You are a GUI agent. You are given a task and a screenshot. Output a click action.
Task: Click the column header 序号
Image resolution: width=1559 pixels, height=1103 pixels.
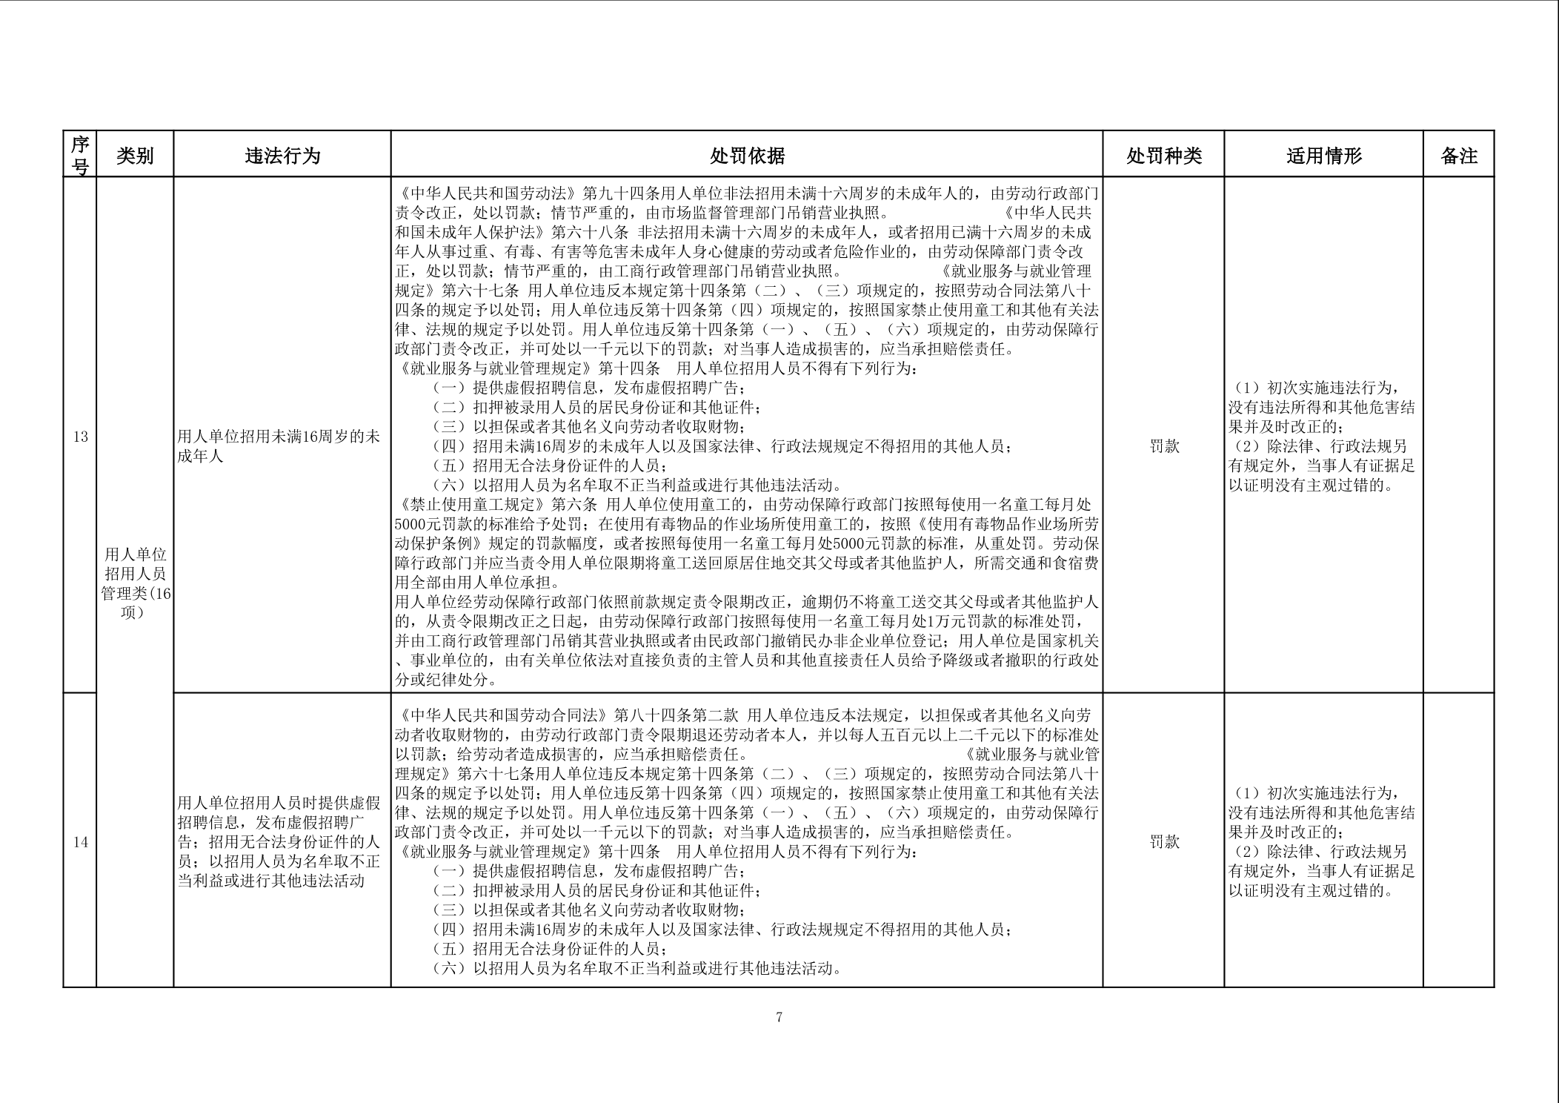point(80,155)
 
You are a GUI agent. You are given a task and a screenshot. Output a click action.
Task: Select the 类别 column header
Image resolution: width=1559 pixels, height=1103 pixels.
point(135,156)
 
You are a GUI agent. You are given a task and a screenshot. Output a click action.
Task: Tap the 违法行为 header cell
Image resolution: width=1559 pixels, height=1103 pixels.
point(282,156)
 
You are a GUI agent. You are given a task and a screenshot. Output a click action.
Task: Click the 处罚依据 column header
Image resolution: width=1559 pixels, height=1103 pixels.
point(747,156)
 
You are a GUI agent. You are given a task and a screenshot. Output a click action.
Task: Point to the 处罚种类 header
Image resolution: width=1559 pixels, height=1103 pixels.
point(1163,156)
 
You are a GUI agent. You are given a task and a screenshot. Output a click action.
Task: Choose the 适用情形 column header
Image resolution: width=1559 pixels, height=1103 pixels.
point(1323,156)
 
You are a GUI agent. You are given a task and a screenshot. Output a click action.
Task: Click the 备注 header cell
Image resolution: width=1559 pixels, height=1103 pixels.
point(1458,156)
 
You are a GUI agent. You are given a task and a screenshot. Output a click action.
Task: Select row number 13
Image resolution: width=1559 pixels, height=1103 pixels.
point(80,437)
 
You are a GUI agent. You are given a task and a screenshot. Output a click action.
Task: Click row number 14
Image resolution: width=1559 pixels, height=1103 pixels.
point(80,842)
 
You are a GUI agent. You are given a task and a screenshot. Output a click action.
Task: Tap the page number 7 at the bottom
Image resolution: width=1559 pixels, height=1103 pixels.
point(779,1017)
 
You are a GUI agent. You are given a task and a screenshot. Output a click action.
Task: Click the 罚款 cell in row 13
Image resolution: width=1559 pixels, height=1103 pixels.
point(1163,446)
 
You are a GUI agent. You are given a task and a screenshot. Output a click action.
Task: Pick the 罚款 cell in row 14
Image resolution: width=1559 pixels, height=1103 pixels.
point(1163,842)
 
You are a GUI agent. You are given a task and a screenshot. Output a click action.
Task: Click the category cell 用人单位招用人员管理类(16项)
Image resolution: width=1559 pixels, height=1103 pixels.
point(136,583)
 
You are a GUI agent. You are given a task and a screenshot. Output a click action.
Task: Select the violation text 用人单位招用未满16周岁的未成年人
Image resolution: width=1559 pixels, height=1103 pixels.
point(279,446)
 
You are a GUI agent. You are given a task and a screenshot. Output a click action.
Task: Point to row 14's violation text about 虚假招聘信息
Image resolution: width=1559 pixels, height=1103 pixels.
point(279,842)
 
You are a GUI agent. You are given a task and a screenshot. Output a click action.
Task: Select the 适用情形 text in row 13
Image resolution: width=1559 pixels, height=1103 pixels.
point(1323,437)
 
